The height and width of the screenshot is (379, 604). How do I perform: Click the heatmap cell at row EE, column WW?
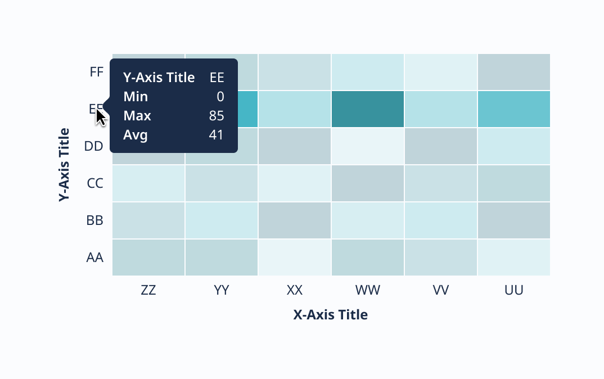(x=368, y=109)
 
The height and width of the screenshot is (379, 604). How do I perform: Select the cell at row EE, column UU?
(x=513, y=109)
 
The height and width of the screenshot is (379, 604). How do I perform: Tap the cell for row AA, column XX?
(x=295, y=258)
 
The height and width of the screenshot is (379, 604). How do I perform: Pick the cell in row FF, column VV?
(x=440, y=72)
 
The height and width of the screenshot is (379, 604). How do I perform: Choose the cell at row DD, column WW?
(x=368, y=146)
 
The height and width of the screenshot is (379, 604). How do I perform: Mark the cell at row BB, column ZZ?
(x=148, y=220)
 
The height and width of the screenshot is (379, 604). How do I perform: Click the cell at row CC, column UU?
(x=513, y=183)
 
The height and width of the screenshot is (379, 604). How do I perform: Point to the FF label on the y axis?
(x=96, y=72)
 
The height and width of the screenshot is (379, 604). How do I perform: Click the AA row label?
(x=95, y=258)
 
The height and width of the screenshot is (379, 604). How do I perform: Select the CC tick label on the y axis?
(x=95, y=183)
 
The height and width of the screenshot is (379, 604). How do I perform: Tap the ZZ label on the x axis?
(x=148, y=290)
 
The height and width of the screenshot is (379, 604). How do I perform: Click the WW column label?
(x=368, y=290)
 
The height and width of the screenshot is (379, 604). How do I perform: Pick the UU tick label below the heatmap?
(x=513, y=290)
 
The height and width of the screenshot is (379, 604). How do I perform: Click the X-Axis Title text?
(x=331, y=315)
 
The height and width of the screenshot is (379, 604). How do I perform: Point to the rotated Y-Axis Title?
(x=65, y=165)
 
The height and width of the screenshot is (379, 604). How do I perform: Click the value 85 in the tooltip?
(x=217, y=116)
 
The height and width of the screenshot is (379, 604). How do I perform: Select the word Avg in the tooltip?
(x=136, y=135)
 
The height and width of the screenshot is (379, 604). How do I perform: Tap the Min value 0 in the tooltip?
(x=220, y=97)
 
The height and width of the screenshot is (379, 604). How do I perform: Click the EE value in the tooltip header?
(x=217, y=78)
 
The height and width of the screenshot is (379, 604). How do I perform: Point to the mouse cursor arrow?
(x=101, y=116)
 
